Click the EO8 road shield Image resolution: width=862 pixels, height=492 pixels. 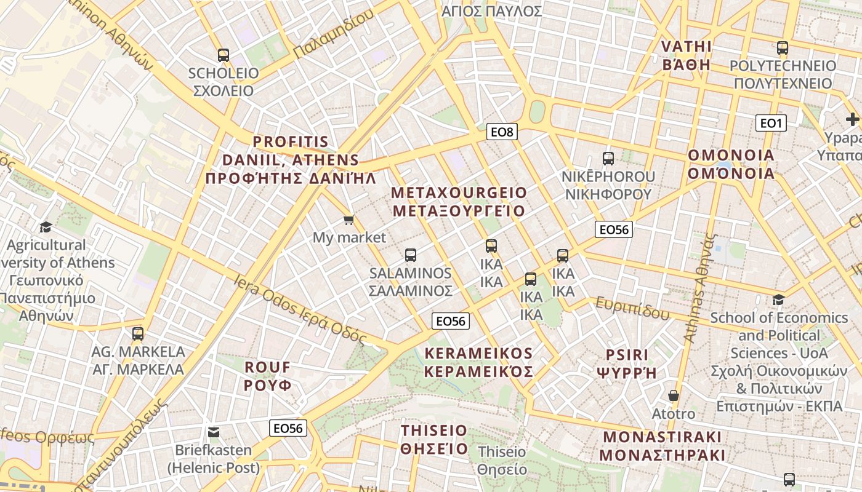502,132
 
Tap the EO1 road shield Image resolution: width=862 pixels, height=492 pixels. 771,124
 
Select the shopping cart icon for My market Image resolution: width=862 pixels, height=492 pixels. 349,220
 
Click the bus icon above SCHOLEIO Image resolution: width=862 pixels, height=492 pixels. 223,55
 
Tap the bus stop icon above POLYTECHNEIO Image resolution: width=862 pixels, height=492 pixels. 783,48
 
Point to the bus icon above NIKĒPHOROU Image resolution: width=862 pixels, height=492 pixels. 608,159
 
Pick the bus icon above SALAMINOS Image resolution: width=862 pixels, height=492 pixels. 411,255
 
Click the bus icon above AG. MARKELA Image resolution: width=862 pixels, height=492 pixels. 138,334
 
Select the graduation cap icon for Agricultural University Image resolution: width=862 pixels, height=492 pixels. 46,228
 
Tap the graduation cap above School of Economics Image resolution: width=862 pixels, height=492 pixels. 779,300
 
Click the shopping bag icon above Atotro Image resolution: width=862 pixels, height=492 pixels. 674,395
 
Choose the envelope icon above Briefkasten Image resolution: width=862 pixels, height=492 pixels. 214,432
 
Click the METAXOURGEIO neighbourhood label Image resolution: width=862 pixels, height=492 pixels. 459,202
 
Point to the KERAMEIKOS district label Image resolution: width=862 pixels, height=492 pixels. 478,362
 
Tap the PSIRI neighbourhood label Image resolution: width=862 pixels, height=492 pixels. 627,363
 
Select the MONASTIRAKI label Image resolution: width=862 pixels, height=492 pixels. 662,446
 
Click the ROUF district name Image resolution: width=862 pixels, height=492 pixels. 267,376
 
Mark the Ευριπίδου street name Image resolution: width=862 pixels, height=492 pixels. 632,308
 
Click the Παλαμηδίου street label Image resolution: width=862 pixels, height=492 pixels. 333,34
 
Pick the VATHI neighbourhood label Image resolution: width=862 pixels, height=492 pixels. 686,55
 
